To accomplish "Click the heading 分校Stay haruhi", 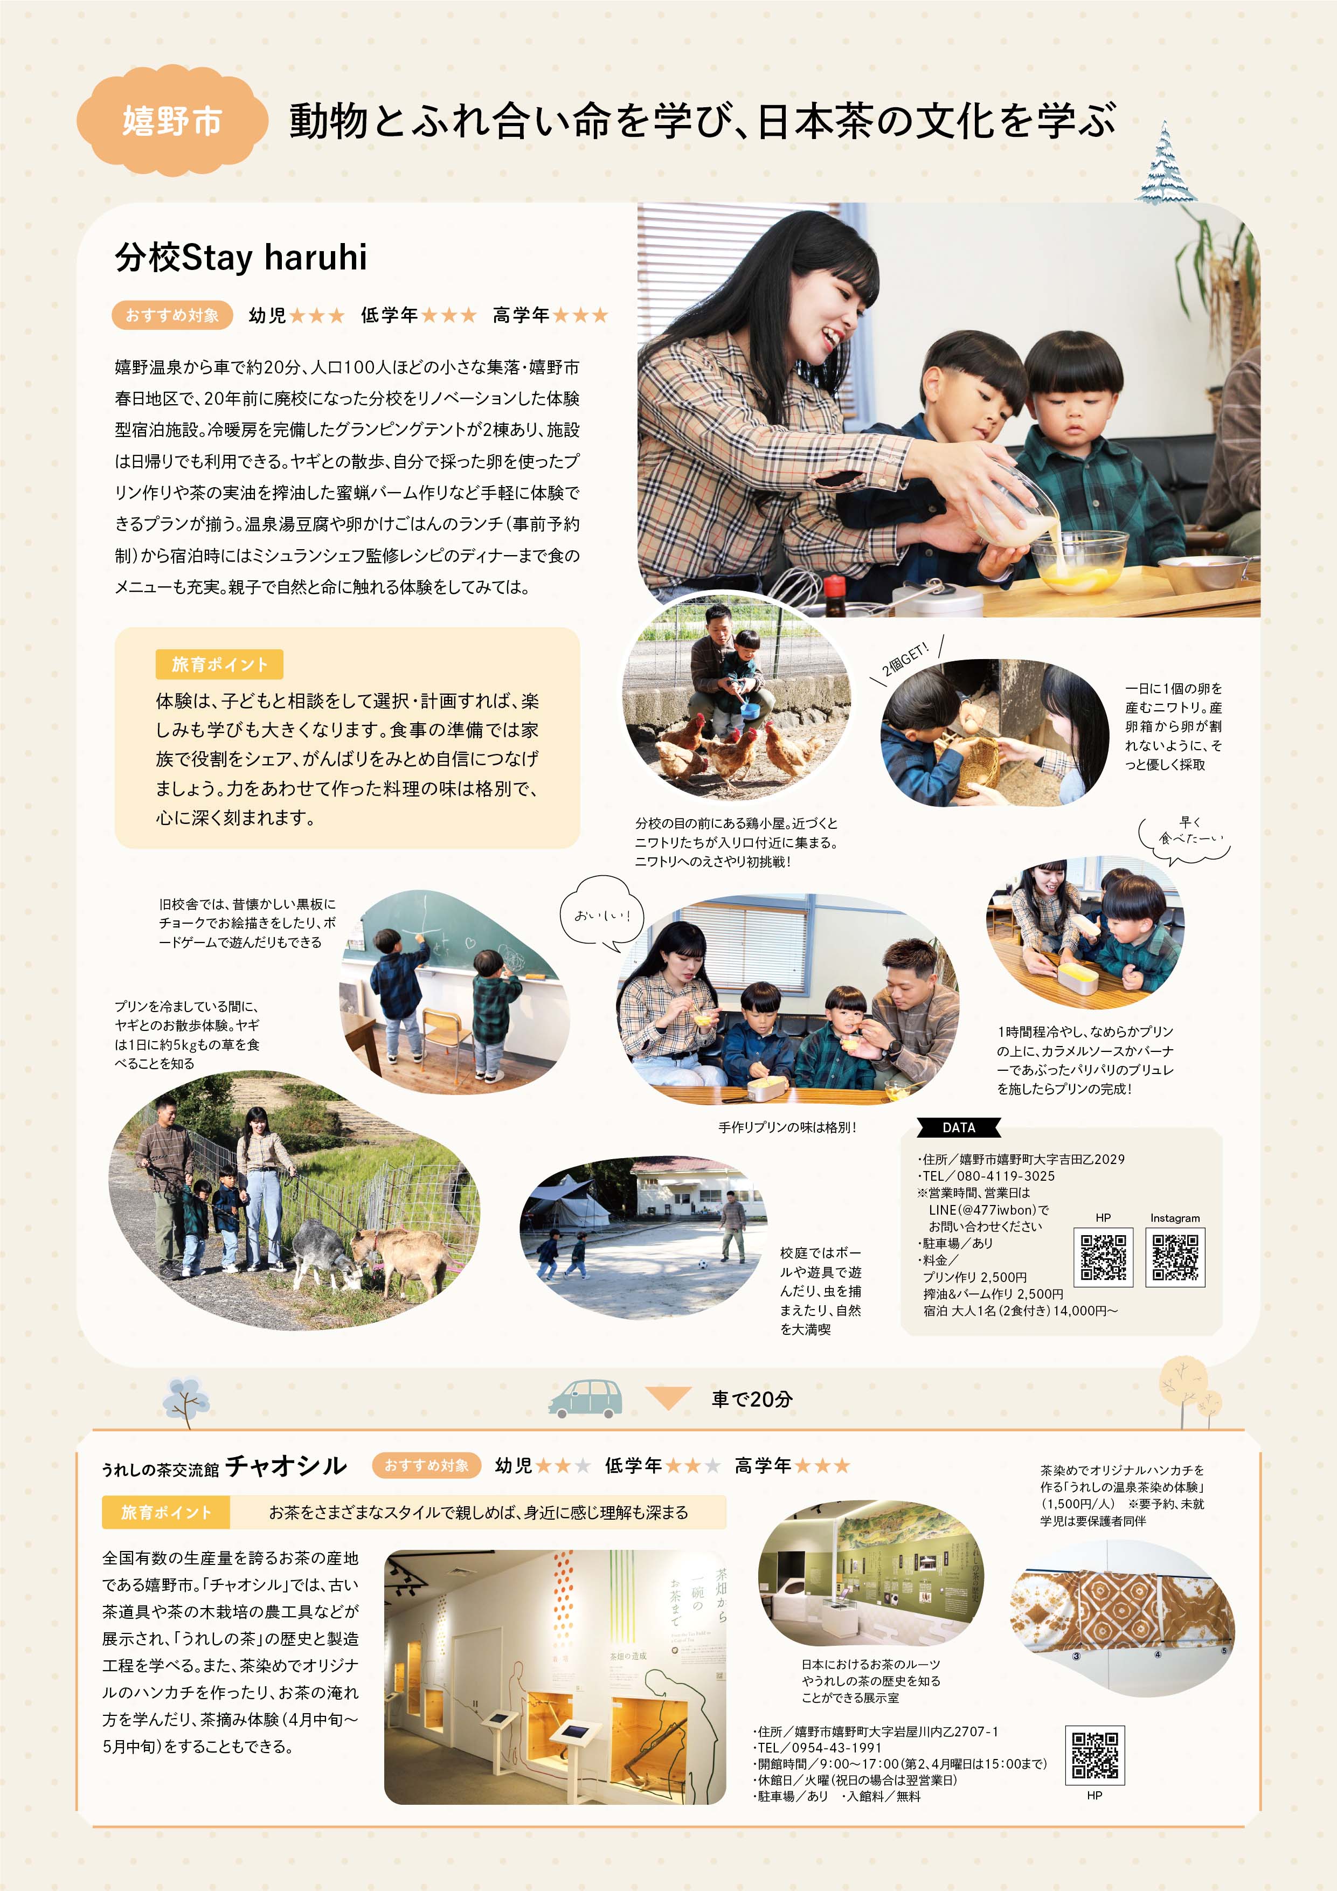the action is coord(240,257).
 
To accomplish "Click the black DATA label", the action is coord(959,1127).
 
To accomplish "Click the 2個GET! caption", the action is coord(904,659).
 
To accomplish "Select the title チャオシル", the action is coord(286,1465).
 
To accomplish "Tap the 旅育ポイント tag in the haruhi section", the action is coord(219,664).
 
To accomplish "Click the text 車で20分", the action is coord(752,1398).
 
